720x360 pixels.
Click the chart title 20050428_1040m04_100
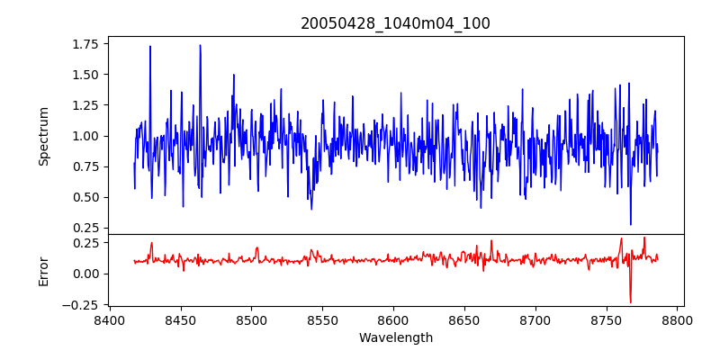coord(395,23)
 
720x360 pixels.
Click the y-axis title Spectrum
coord(44,136)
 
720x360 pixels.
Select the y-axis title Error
coord(44,271)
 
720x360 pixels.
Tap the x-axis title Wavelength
coord(395,338)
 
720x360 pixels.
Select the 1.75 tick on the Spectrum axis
coord(85,43)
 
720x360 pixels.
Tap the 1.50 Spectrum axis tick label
coord(85,74)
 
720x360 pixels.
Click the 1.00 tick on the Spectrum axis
coord(85,136)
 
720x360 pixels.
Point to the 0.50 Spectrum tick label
coord(85,197)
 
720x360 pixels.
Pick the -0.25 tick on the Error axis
coord(81,305)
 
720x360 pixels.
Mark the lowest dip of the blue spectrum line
coord(631,224)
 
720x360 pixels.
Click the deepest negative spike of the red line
coord(630,302)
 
